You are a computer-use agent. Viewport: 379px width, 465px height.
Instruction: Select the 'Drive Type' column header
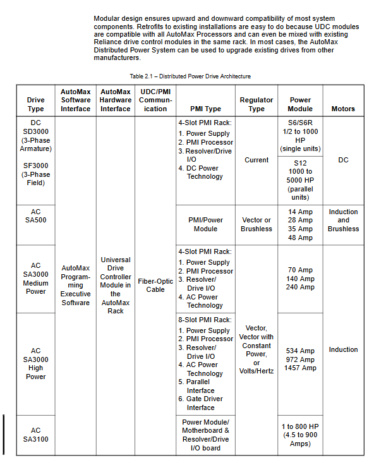pyautogui.click(x=36, y=104)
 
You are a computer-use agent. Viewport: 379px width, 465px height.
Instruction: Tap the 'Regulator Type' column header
pyautogui.click(x=256, y=104)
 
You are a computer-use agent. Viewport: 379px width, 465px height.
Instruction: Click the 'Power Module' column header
pyautogui.click(x=300, y=104)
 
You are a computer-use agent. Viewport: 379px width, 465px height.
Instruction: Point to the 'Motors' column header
pyautogui.click(x=343, y=109)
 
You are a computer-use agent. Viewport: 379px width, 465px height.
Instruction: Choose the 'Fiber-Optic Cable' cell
pyautogui.click(x=155, y=285)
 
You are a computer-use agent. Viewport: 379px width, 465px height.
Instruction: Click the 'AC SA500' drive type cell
pyautogui.click(x=36, y=216)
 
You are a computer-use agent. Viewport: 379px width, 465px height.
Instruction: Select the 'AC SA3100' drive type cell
pyautogui.click(x=36, y=435)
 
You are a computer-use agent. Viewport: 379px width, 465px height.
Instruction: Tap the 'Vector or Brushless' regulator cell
pyautogui.click(x=256, y=224)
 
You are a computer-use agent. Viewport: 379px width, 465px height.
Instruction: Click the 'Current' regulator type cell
pyautogui.click(x=256, y=160)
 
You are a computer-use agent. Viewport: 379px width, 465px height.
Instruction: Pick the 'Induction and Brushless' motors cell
pyautogui.click(x=343, y=220)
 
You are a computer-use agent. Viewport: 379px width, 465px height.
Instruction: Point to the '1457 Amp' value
pyautogui.click(x=300, y=368)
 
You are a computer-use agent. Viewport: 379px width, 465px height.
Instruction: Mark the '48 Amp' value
pyautogui.click(x=300, y=238)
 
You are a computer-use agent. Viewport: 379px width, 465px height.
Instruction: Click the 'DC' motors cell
pyautogui.click(x=343, y=160)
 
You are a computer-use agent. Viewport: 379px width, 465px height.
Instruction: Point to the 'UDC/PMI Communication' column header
pyautogui.click(x=155, y=100)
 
